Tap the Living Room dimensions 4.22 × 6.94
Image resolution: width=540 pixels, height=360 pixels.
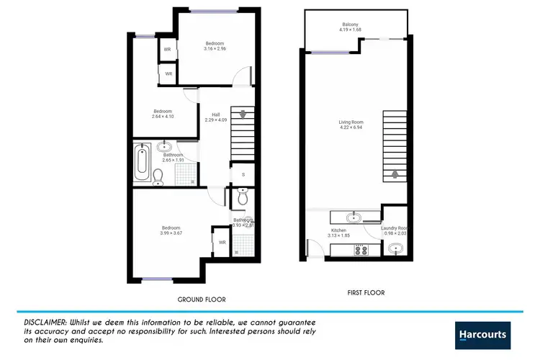351,128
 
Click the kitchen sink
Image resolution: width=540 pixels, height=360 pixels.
354,217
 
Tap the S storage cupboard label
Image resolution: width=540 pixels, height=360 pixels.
243,174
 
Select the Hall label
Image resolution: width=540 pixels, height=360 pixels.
215,114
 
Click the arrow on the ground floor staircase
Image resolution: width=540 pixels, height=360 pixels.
243,114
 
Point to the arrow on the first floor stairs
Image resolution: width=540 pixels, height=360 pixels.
394,173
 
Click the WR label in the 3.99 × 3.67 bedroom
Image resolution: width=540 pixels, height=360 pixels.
222,243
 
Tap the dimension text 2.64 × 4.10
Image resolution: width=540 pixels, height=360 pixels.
162,117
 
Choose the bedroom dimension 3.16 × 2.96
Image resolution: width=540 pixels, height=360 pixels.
215,49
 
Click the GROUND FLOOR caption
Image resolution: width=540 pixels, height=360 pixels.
202,299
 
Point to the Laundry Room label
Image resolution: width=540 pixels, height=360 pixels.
395,228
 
